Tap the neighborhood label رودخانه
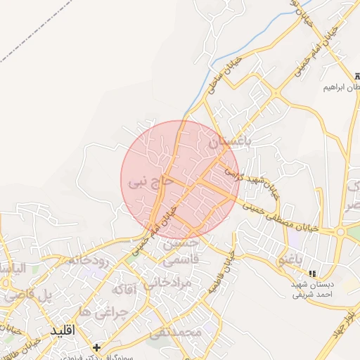[x=88, y=259]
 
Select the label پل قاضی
[x=27, y=296]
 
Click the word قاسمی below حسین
[x=181, y=259]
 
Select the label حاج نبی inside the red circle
[x=150, y=182]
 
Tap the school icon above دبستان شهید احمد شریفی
[x=312, y=273]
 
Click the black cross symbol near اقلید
[x=96, y=347]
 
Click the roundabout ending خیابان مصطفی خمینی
[x=340, y=231]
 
